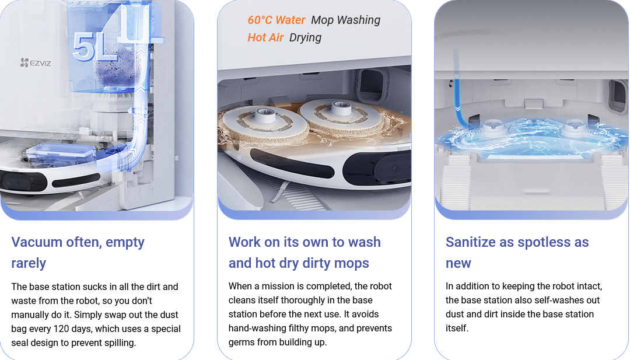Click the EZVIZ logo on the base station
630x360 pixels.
click(x=36, y=62)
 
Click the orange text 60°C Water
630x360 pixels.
click(x=276, y=20)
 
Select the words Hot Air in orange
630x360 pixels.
click(x=265, y=37)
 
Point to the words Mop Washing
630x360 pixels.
click(x=345, y=20)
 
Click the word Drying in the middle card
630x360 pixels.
click(x=305, y=38)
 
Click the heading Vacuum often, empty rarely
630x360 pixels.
click(x=78, y=252)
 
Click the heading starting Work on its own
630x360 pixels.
click(x=304, y=252)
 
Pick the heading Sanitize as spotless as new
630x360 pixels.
click(x=517, y=252)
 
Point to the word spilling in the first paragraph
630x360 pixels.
click(x=120, y=342)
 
